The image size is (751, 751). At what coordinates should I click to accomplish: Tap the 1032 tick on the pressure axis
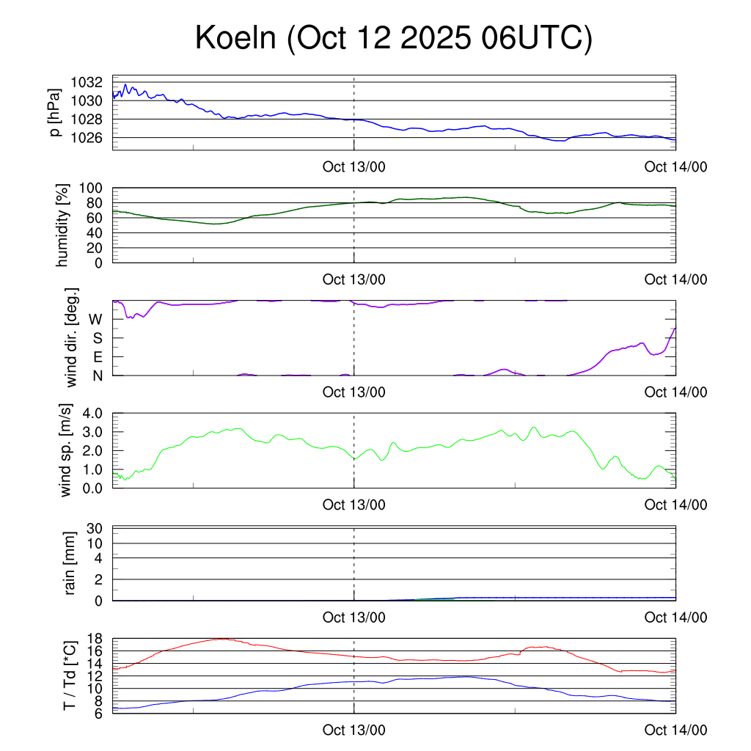click(x=92, y=82)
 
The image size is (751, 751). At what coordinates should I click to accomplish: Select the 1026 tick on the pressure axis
click(x=92, y=138)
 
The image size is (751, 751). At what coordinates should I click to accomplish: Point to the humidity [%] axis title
click(x=64, y=225)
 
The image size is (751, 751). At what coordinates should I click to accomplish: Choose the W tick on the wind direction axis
click(x=96, y=319)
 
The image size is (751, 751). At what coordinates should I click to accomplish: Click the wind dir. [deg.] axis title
click(x=72, y=338)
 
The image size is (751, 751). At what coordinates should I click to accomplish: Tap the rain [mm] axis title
click(x=71, y=563)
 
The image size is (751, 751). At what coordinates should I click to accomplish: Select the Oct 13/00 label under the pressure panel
click(x=354, y=166)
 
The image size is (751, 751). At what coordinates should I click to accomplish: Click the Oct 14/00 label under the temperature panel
click(x=676, y=730)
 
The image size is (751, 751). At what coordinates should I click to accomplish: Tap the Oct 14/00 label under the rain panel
click(x=676, y=618)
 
